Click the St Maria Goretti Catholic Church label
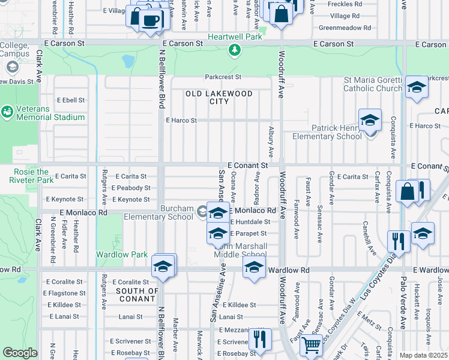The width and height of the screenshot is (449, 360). [373, 84]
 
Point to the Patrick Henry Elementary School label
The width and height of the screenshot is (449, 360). [327, 132]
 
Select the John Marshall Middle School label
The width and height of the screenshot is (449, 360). [240, 250]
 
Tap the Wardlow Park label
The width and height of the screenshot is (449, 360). [122, 254]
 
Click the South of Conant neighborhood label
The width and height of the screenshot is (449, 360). [138, 295]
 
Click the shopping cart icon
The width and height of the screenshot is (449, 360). [311, 346]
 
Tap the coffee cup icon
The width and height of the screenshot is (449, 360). [150, 20]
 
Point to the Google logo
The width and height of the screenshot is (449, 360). [20, 353]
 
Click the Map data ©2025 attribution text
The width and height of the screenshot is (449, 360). [423, 355]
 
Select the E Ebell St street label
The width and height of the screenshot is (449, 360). [70, 100]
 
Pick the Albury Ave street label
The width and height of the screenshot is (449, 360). [271, 146]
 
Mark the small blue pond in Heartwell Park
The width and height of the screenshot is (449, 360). [128, 61]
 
